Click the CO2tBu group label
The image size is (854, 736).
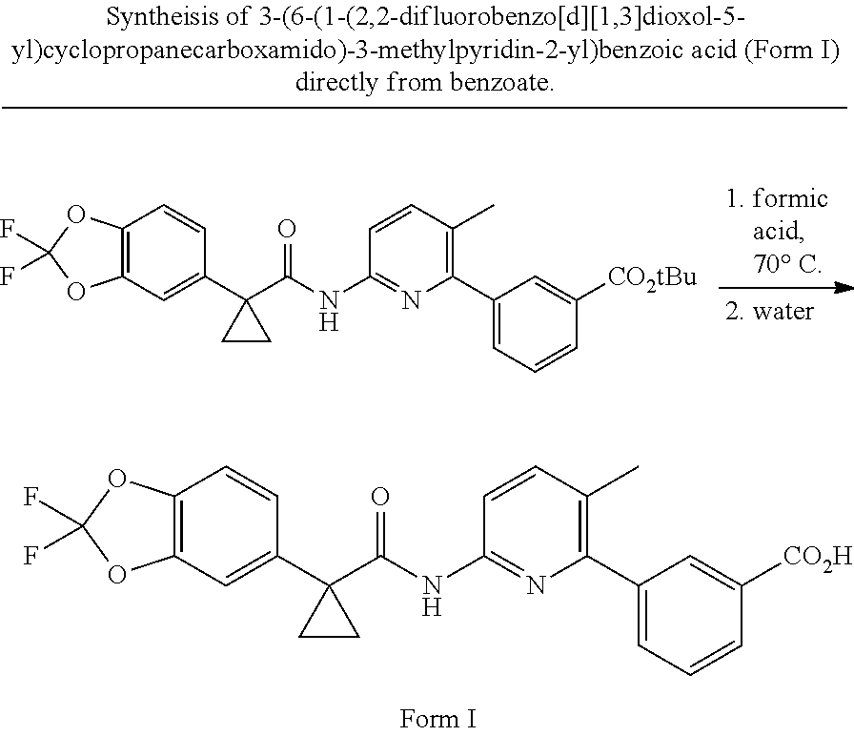coord(653,278)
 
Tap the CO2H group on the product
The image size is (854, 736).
coord(817,558)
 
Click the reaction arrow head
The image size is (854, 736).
coord(844,288)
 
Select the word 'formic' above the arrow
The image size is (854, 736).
coord(790,198)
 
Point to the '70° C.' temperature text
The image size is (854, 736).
coord(787,264)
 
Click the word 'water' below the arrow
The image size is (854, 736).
coord(783,311)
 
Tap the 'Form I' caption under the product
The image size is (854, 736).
coord(437,719)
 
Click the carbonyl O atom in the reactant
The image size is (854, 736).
coord(287,229)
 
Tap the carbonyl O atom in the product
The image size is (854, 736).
coord(380,497)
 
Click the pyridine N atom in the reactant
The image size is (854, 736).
coord(411,299)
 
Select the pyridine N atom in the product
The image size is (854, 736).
coord(536,585)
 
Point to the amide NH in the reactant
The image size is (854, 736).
coord(329,311)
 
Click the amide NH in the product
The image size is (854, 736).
coord(432,596)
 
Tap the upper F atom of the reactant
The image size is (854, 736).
coord(7,229)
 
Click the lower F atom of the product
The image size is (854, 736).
coord(30,556)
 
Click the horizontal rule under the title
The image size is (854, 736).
coord(425,108)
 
